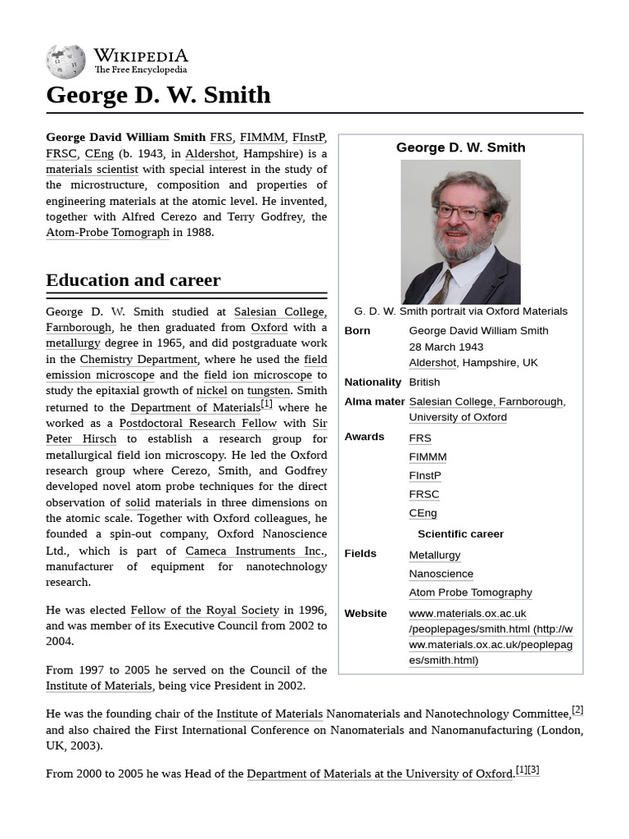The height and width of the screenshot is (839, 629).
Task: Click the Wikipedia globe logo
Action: (66, 61)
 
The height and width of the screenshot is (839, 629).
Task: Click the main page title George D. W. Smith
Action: (158, 95)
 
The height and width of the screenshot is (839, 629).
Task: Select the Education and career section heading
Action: (133, 280)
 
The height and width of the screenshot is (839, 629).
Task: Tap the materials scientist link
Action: (92, 170)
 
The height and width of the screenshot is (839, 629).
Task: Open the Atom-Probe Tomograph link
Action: (107, 232)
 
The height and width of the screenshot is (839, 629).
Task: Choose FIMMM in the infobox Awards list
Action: (428, 456)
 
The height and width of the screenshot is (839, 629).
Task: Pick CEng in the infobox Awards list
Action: (423, 513)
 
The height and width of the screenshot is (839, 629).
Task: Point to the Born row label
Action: (357, 331)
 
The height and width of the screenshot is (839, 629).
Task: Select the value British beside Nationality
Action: (424, 382)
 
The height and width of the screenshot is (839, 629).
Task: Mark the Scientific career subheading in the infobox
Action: (460, 533)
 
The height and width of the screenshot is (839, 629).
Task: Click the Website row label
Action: (365, 613)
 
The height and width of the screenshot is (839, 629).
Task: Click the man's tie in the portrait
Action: (441, 288)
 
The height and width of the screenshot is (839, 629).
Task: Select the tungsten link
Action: (269, 391)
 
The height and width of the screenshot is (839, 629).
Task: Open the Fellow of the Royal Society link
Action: (205, 610)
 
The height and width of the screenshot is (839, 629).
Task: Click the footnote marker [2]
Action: (577, 710)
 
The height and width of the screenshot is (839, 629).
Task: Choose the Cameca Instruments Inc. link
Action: (254, 551)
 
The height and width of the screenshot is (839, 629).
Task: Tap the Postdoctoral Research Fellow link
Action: (199, 423)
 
